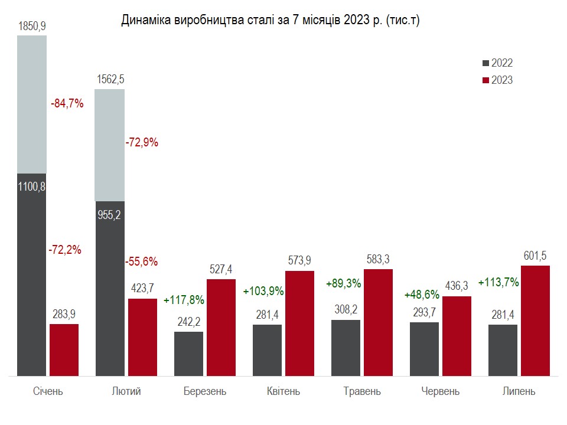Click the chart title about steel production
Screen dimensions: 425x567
271,20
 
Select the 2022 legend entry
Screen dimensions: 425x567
497,63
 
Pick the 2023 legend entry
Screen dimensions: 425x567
497,80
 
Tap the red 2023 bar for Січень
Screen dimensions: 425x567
64,349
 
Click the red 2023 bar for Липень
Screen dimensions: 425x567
535,321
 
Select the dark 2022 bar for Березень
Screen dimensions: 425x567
189,353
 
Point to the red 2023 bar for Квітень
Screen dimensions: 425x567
299,323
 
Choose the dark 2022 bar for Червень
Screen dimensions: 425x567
424,348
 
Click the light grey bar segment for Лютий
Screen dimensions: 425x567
110,145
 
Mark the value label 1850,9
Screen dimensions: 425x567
32,26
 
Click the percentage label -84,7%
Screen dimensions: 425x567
67,104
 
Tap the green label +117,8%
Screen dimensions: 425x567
184,299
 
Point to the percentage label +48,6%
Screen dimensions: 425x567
421,294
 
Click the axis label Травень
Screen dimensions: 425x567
362,391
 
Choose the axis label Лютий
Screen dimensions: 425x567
126,391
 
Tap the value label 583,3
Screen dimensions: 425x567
378,259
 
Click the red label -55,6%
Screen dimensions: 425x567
142,261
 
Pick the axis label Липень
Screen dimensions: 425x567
519,391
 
